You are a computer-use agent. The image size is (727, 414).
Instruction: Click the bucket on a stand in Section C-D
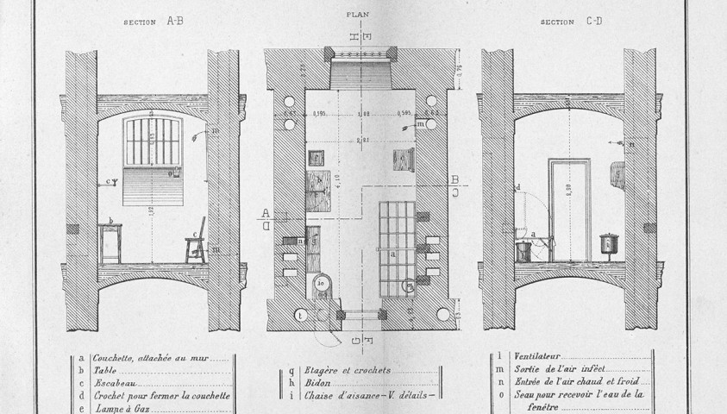tap(610, 246)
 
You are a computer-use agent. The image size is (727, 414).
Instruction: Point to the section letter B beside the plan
tap(454, 179)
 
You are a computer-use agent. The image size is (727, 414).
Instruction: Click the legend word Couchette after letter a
tap(111, 355)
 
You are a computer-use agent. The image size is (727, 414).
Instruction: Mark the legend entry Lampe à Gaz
tap(116, 408)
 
